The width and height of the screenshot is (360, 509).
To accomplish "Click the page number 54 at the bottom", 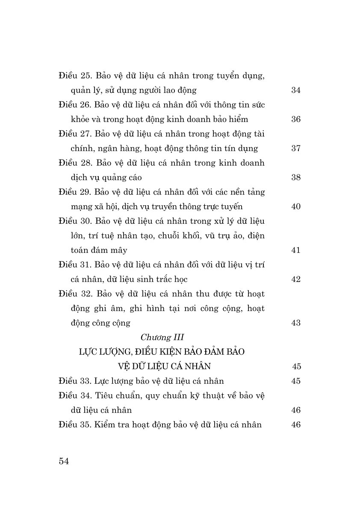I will pyautogui.click(x=64, y=461).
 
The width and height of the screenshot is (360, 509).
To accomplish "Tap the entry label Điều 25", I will pyautogui.click(x=75, y=76).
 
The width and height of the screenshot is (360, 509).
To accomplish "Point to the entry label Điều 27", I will pyautogui.click(x=75, y=134).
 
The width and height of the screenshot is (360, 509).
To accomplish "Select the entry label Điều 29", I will pyautogui.click(x=75, y=192).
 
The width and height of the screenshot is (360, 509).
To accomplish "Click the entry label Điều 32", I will pyautogui.click(x=75, y=294).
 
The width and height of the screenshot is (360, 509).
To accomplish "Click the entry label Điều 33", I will pyautogui.click(x=75, y=381).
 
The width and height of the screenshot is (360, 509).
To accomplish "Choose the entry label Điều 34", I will pyautogui.click(x=75, y=396).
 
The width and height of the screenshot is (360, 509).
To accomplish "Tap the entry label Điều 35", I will pyautogui.click(x=75, y=425).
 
